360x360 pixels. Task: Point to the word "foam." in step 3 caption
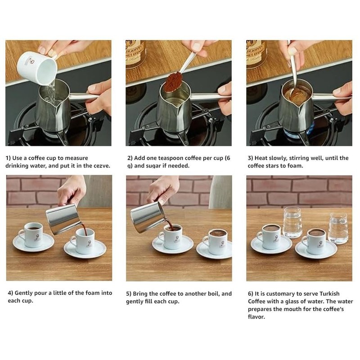coord(305,166)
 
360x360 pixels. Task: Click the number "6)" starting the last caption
coord(251,293)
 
